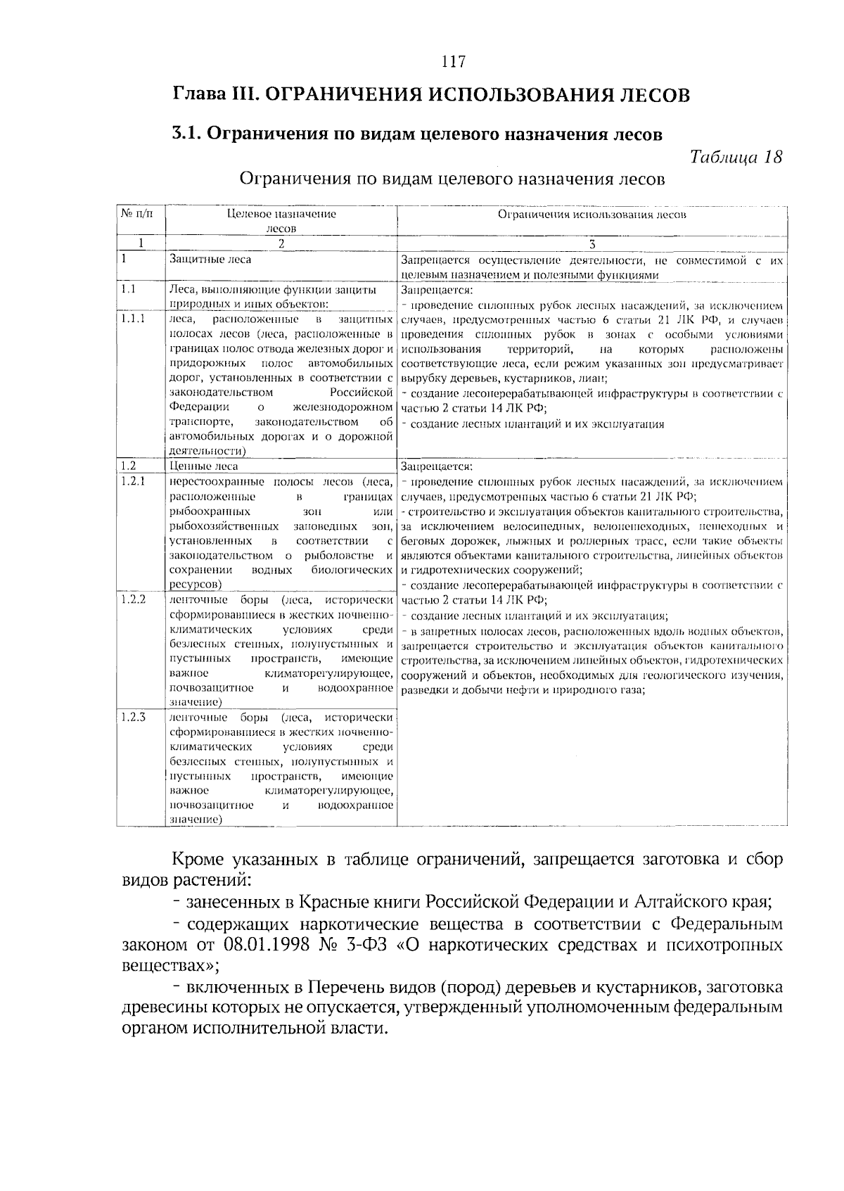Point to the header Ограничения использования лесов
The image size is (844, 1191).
point(592,215)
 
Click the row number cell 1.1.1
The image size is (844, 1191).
point(133,318)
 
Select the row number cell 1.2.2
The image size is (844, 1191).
point(133,599)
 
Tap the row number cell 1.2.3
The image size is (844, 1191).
point(133,718)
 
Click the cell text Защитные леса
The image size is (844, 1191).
point(200,260)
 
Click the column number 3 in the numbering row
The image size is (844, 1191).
point(592,243)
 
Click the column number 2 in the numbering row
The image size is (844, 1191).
point(281,243)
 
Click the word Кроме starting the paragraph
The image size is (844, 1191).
point(198,860)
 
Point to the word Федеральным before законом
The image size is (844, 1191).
point(726,922)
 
